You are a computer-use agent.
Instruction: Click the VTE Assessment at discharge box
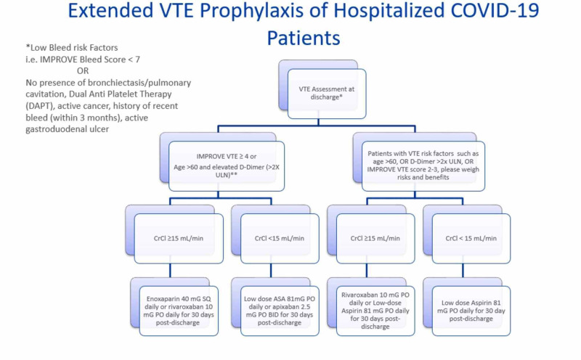[x=325, y=92]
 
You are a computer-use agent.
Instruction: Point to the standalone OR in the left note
[x=82, y=70]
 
